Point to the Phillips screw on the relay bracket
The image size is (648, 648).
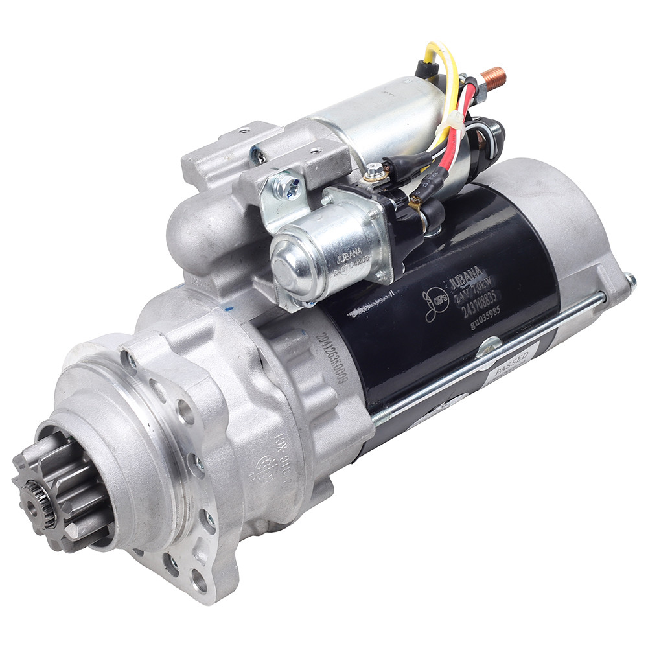pos(286,189)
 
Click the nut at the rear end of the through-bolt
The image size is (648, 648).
pos(629,281)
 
